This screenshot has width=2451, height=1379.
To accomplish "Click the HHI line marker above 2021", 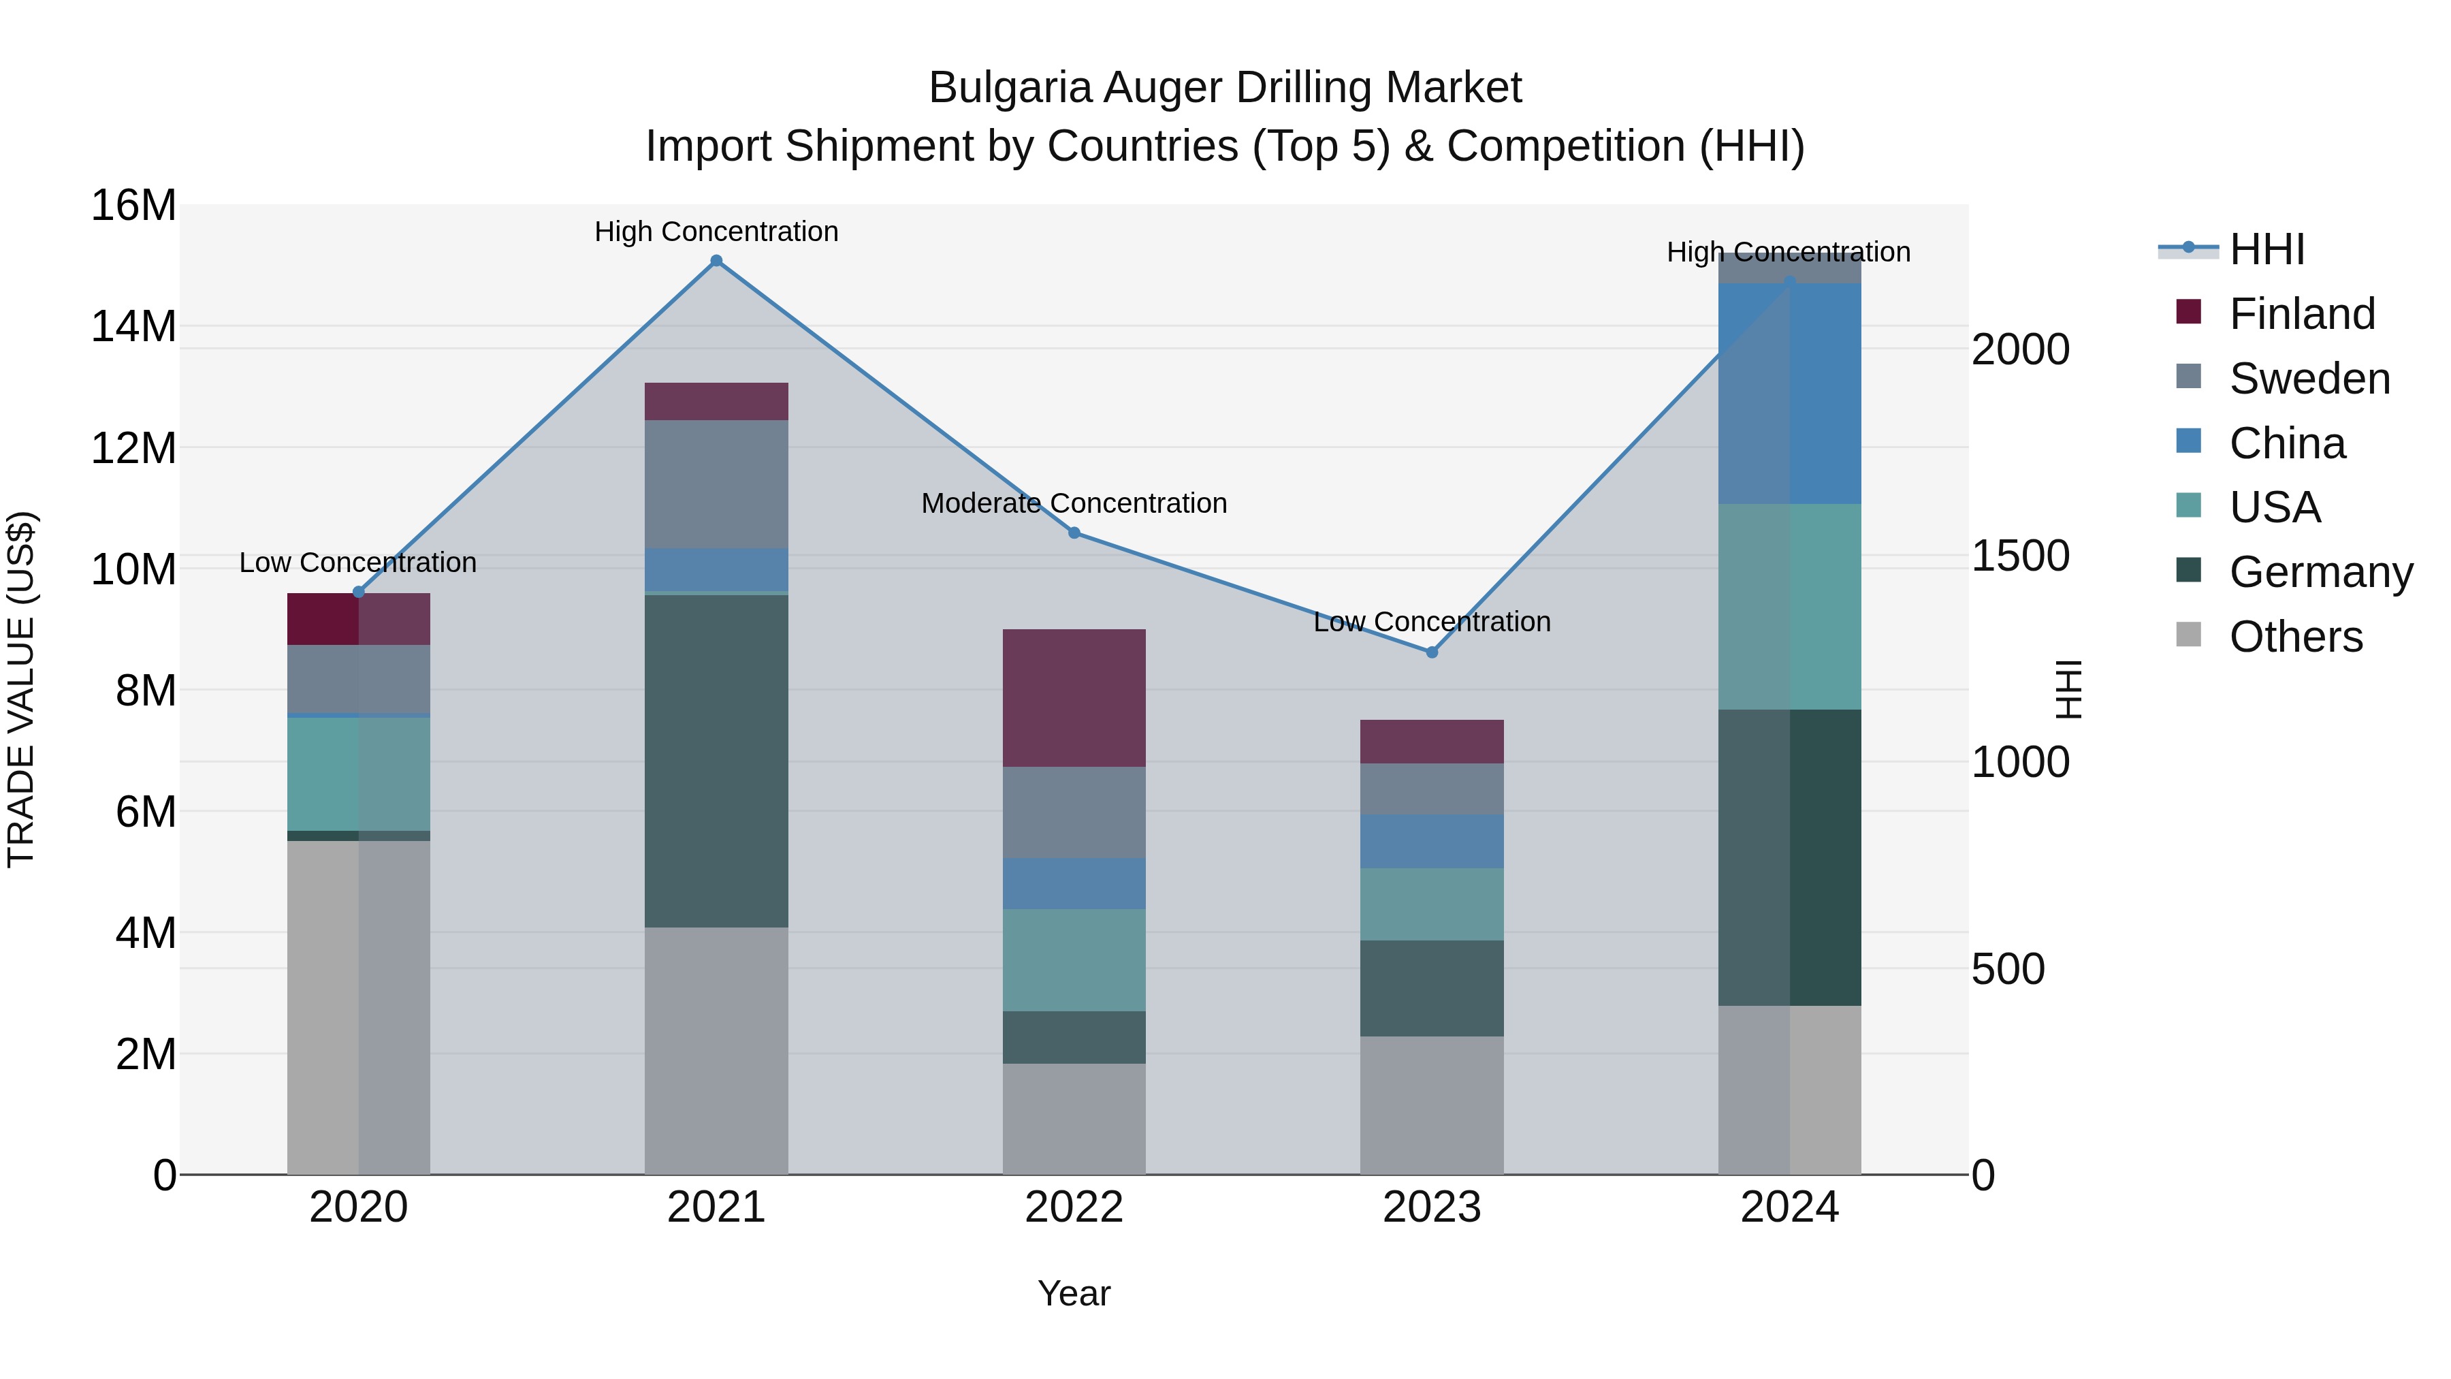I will [716, 261].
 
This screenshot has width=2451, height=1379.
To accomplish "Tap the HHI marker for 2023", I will [1431, 652].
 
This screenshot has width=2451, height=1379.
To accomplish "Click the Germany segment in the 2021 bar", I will [716, 761].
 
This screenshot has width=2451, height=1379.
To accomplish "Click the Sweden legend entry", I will [2309, 379].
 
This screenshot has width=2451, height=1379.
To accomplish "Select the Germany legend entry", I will [2321, 572].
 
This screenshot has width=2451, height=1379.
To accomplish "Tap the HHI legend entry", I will [2266, 249].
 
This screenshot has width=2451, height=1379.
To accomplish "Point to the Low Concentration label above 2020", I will [357, 562].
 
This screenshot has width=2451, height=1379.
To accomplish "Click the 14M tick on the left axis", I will [133, 326].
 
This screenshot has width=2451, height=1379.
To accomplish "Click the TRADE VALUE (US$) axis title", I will [21, 689].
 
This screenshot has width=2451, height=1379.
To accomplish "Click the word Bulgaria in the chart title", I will [1010, 88].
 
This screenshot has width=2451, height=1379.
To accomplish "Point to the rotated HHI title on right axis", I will [2068, 689].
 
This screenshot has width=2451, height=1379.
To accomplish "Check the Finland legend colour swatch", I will [2188, 312].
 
